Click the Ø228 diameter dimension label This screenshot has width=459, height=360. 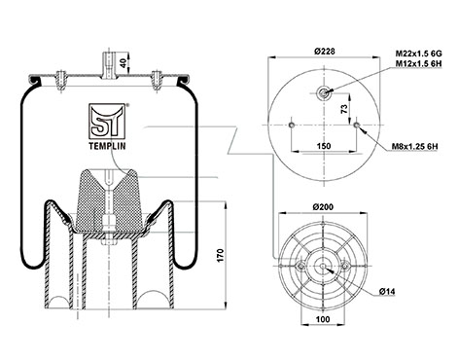click(324, 52)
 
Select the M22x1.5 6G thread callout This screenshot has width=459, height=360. click(418, 54)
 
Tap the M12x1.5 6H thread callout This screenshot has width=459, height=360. click(418, 63)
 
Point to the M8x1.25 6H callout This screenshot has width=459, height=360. click(415, 146)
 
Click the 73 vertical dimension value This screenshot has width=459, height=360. click(344, 108)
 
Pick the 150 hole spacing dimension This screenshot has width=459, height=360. click(324, 146)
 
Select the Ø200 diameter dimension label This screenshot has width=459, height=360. click(323, 206)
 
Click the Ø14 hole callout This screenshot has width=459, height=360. click(387, 292)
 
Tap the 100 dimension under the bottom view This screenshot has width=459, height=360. click(323, 319)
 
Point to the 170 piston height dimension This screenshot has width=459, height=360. click(221, 256)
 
